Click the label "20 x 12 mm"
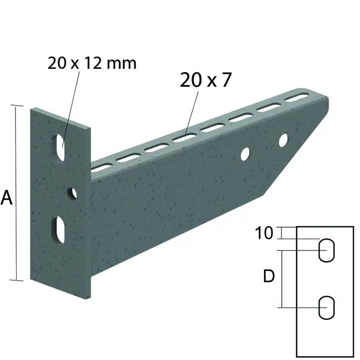(x=92, y=63)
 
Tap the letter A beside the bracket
(x=7, y=198)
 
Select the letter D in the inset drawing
(x=269, y=276)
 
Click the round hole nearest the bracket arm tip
(x=283, y=140)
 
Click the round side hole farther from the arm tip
(x=245, y=154)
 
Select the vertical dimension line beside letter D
(x=282, y=279)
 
